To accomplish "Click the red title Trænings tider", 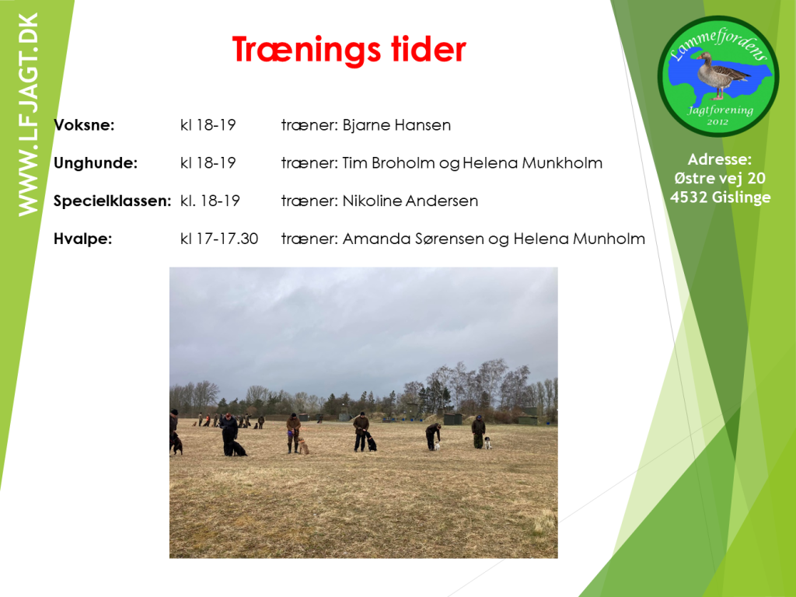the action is tap(349, 51).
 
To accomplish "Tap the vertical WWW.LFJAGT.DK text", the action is tap(28, 115).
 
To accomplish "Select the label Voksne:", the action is tap(84, 125).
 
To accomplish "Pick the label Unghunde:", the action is tap(96, 163).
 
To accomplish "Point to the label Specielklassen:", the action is tap(113, 201).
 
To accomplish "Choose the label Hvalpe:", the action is tap(82, 239).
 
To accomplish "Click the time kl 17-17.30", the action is tap(219, 239).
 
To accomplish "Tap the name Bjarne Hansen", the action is tap(396, 125).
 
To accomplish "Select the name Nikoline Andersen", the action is tap(410, 201).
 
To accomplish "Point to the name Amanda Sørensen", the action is tap(414, 239).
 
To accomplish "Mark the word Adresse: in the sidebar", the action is tap(719, 159).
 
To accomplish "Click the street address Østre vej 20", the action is tap(720, 178).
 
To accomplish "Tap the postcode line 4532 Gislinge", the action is tap(721, 197).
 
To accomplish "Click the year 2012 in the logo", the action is tap(717, 122).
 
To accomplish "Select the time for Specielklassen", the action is tap(210, 201).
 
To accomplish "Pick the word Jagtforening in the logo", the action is tap(721, 110).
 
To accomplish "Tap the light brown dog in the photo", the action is tap(304, 446).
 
